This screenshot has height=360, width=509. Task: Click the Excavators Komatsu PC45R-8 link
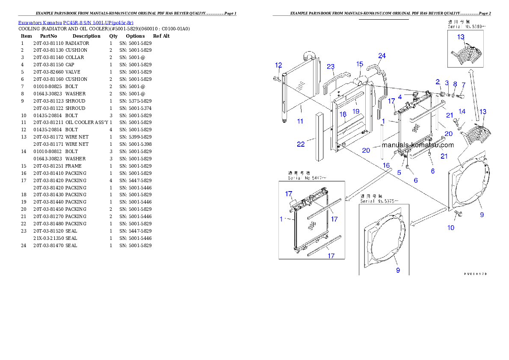(76, 23)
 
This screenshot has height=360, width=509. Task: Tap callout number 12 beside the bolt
(278, 65)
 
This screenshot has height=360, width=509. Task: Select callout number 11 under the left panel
(300, 121)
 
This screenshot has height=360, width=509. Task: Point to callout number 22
(301, 144)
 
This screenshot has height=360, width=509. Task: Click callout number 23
(331, 67)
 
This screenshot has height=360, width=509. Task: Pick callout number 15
(359, 64)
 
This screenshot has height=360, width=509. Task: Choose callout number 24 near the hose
(382, 56)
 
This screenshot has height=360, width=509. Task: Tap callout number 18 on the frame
(343, 115)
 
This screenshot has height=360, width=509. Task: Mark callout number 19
(356, 111)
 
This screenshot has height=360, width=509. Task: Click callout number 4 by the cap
(400, 97)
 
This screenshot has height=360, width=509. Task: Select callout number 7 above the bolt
(463, 85)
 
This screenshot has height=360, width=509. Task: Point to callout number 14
(462, 112)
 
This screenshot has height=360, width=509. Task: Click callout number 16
(386, 165)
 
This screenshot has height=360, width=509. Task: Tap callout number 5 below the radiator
(399, 172)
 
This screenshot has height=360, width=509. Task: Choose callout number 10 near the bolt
(451, 228)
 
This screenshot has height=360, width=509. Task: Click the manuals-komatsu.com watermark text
(417, 145)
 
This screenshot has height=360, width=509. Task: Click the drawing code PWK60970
(475, 274)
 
